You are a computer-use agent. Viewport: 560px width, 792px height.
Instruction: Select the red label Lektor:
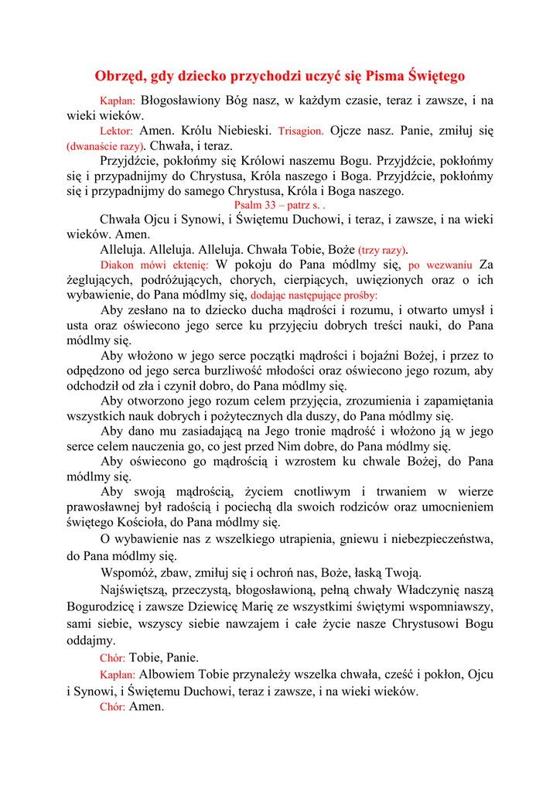(x=117, y=131)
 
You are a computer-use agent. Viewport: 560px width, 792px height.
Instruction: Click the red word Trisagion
(x=301, y=131)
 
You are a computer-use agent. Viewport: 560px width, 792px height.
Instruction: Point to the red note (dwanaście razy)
(x=106, y=146)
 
